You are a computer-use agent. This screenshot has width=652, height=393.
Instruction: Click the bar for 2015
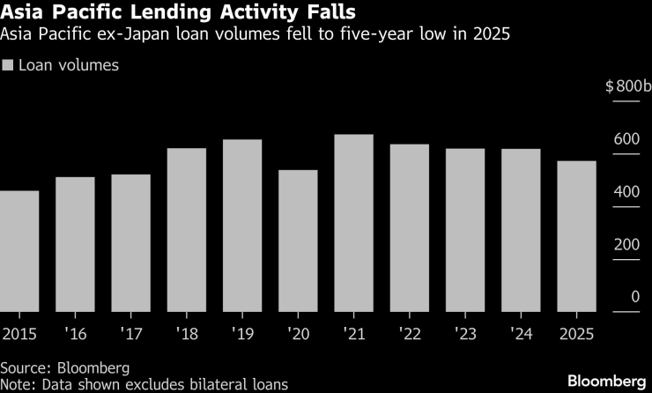pos(19,250)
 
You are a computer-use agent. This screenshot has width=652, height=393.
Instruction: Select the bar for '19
pos(242,225)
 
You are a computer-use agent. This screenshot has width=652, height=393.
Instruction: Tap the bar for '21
pos(354,222)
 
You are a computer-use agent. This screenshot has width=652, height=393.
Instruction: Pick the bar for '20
pos(298,240)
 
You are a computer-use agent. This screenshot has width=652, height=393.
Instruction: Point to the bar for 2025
pos(577,235)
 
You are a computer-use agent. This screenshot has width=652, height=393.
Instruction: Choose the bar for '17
pos(130,242)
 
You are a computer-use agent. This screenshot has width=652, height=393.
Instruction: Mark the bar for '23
pos(465,229)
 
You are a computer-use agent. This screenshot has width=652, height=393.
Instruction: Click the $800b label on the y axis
pos(626,86)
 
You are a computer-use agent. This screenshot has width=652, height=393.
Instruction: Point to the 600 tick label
pos(626,139)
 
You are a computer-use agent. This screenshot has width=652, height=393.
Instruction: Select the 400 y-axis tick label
pos(626,192)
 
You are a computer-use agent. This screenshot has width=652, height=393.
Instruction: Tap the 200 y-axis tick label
pos(626,245)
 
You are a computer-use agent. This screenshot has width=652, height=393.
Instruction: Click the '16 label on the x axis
pos(75,334)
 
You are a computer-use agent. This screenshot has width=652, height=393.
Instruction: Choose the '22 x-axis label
pos(410,334)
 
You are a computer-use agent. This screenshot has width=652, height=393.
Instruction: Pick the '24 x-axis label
pos(522,334)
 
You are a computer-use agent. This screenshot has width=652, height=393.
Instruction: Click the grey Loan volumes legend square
pos(9,65)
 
